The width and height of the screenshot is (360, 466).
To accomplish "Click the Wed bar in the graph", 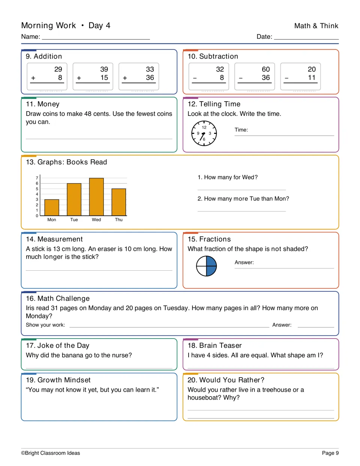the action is [96, 197].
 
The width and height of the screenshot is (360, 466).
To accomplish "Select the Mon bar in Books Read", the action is [52, 207].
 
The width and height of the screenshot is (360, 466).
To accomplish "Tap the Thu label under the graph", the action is [118, 220].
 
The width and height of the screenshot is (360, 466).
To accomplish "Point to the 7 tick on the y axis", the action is [37, 178].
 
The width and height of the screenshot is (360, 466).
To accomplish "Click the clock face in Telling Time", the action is [204, 133].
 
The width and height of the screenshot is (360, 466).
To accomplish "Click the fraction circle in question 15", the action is [206, 266].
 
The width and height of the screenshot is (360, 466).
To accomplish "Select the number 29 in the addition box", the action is [58, 69].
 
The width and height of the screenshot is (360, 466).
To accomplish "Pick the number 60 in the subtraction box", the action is [265, 69].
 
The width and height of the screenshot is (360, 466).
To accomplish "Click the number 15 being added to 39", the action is [104, 77].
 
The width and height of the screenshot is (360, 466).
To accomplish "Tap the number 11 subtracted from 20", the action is [312, 77].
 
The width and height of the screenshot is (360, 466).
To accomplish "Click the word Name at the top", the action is [30, 36].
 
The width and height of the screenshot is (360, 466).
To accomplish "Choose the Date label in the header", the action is [264, 36].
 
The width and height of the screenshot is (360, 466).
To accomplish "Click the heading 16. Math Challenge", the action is [58, 298].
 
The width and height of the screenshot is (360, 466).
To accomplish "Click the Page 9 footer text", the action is [330, 453].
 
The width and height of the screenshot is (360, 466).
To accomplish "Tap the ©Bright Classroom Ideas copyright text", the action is [50, 453].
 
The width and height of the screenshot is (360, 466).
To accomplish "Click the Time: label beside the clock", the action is [241, 130].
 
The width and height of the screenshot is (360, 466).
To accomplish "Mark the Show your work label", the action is [45, 325].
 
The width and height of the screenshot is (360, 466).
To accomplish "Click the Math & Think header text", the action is [316, 26].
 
